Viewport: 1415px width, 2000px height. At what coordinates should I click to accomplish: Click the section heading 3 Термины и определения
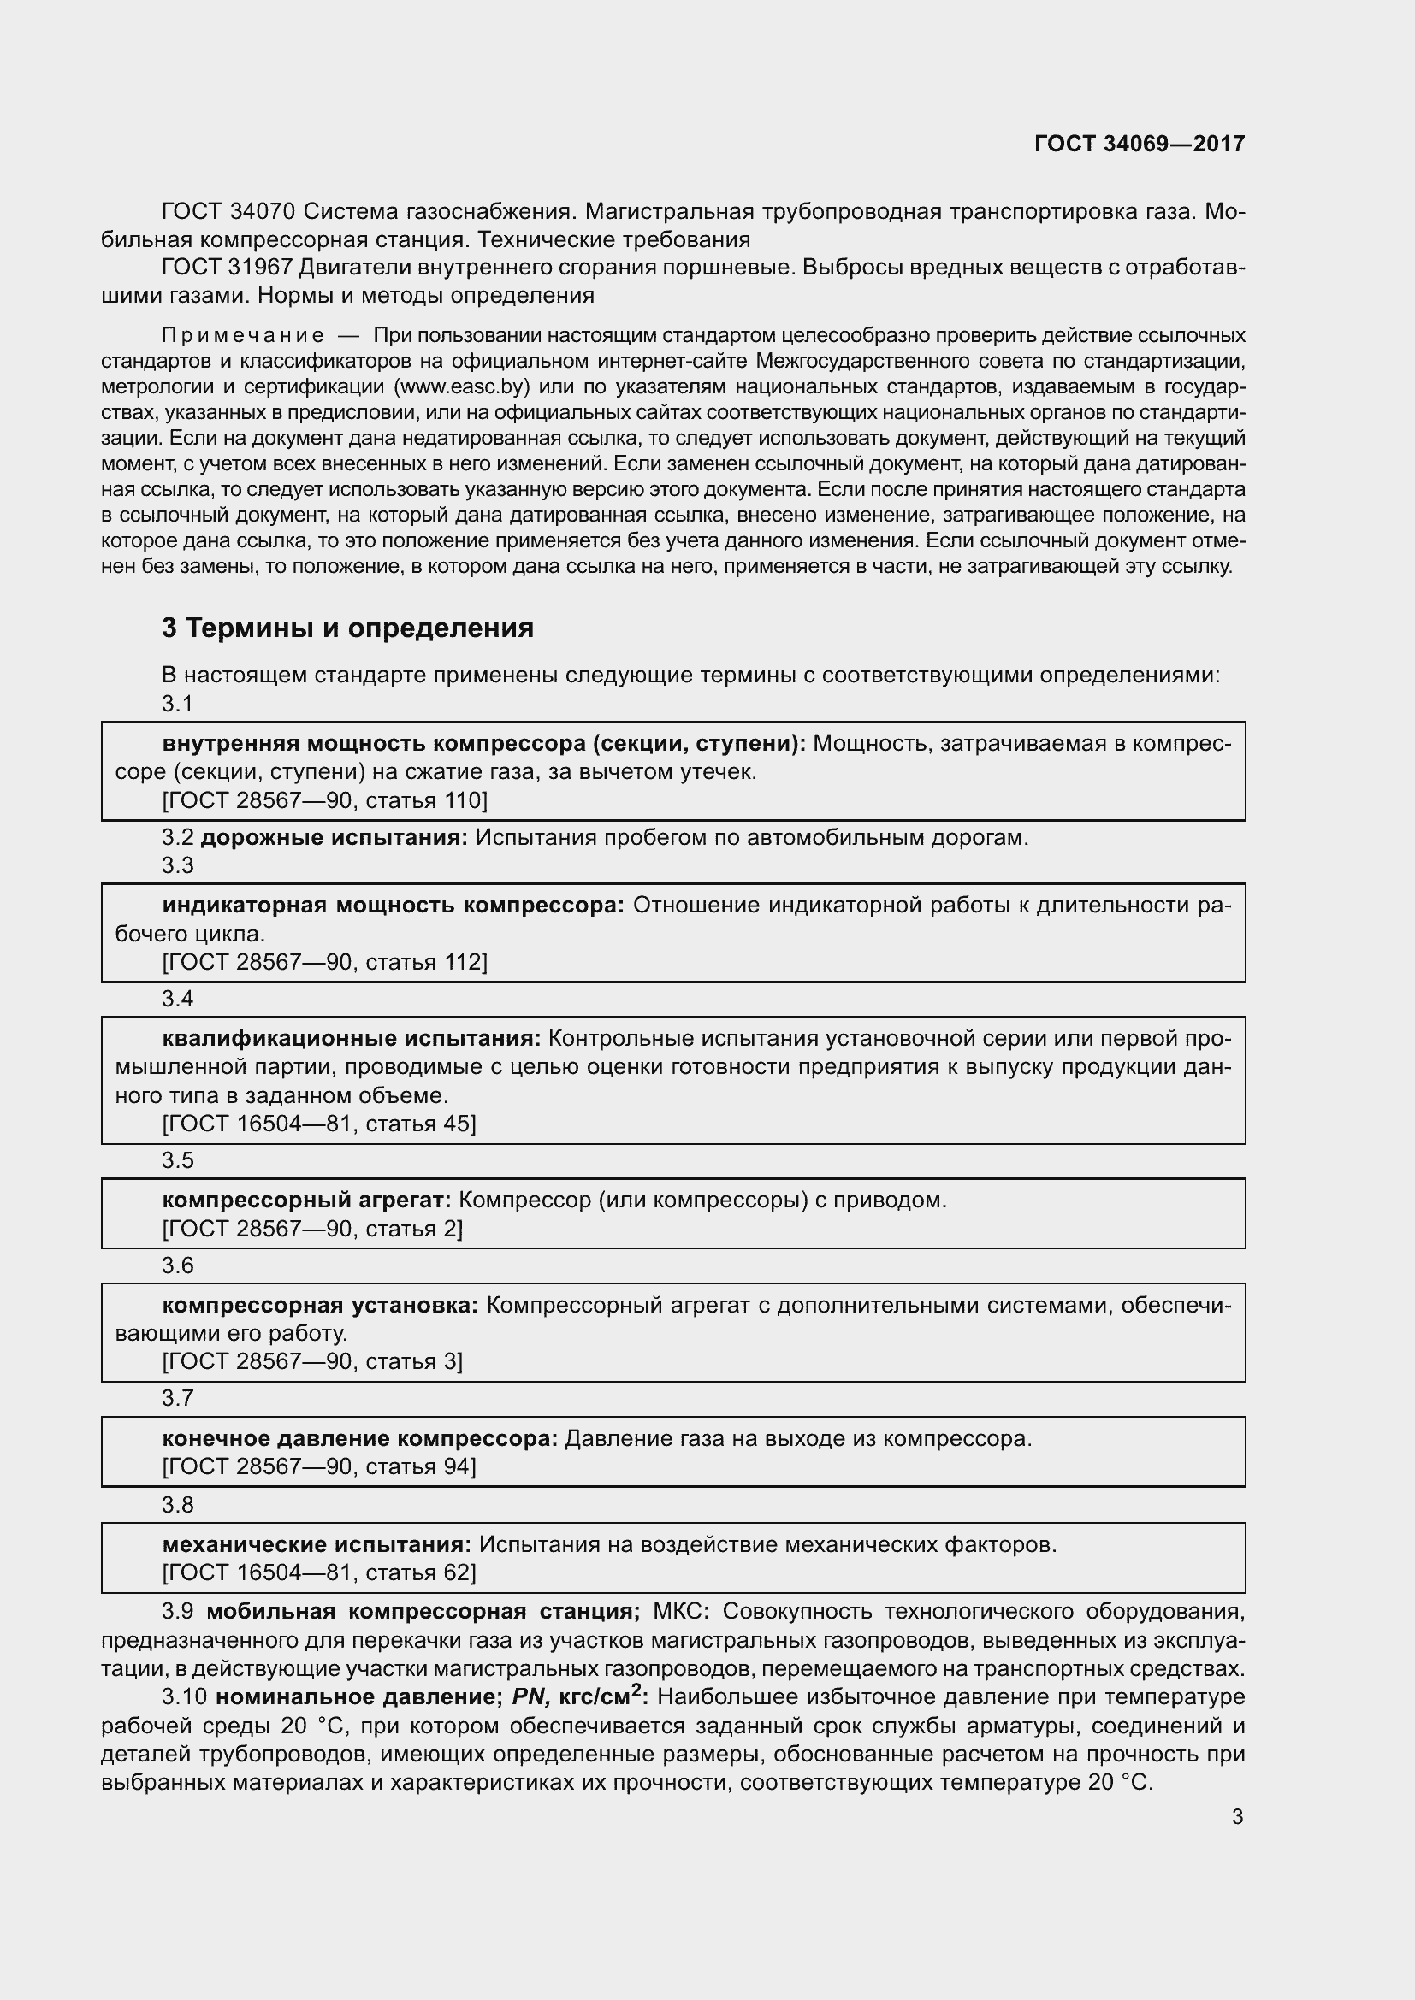(347, 628)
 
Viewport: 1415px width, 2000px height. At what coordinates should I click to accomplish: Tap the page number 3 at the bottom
(1237, 1817)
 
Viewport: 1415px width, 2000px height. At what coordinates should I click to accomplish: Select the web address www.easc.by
(463, 386)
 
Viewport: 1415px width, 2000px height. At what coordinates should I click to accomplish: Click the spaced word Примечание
(243, 336)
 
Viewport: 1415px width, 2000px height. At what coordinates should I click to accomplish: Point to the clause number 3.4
(177, 999)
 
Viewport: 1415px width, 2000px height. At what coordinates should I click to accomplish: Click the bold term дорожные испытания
(335, 838)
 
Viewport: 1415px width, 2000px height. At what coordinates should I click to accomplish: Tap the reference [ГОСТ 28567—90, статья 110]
(324, 800)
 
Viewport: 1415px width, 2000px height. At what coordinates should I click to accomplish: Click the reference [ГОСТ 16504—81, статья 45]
(319, 1124)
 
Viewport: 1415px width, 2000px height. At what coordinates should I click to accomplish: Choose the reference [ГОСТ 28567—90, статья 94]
(319, 1467)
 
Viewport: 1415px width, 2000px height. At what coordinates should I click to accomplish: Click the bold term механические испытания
(317, 1544)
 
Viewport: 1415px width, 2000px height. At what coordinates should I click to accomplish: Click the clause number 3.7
(177, 1398)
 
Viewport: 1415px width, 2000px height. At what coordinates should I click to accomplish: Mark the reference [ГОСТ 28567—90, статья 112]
(324, 962)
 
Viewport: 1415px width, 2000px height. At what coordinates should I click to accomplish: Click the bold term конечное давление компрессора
(360, 1438)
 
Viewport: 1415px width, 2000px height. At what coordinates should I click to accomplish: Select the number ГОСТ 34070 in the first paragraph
(228, 212)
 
